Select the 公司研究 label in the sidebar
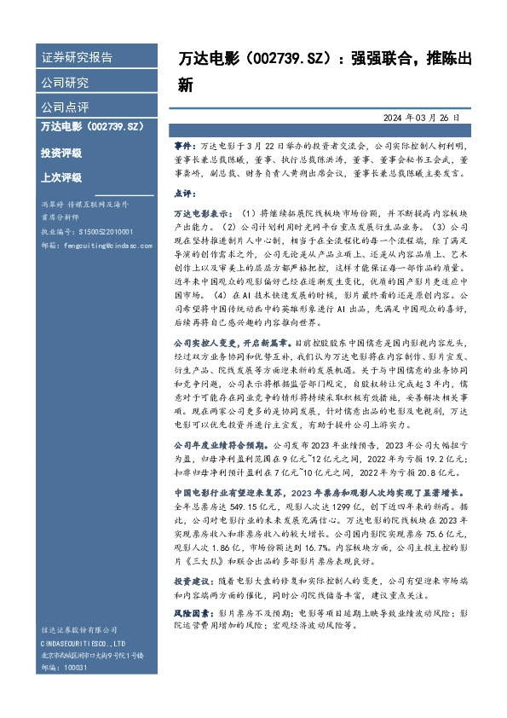(x=65, y=83)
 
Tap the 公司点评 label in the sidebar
(x=65, y=108)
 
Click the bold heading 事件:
(x=184, y=147)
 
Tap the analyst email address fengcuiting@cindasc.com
(x=97, y=241)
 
